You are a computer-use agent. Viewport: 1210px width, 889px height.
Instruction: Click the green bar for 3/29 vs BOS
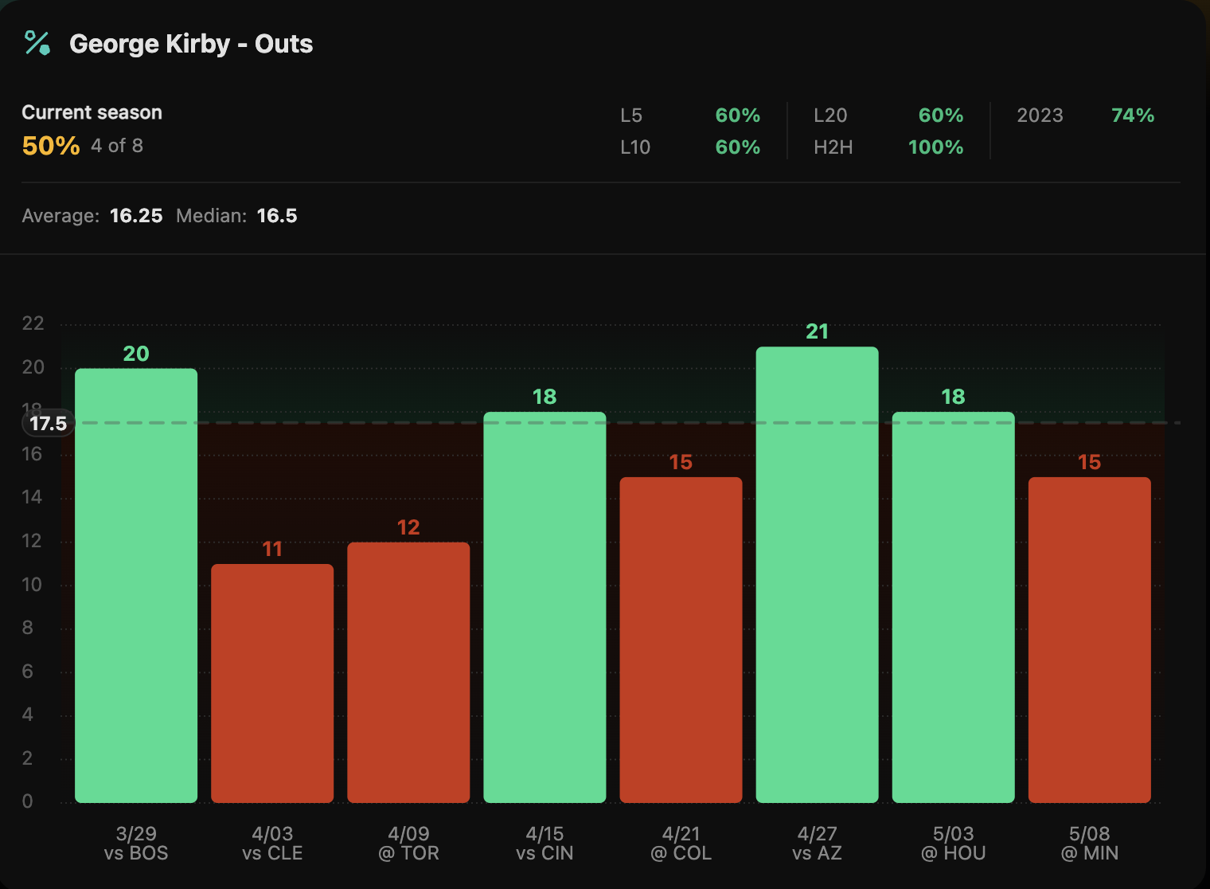tap(136, 585)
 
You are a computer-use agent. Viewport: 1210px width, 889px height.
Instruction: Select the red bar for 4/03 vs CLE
tap(272, 683)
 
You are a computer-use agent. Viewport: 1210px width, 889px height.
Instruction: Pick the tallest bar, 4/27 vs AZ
tap(817, 574)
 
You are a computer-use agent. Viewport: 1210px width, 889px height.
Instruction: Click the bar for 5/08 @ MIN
tap(1089, 640)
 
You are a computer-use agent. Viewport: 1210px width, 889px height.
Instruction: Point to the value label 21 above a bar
tap(817, 331)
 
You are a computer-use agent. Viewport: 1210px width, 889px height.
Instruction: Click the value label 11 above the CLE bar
tap(272, 549)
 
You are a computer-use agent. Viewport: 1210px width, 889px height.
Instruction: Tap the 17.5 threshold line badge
tap(49, 424)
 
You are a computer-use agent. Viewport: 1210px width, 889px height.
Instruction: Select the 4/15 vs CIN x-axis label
tap(544, 844)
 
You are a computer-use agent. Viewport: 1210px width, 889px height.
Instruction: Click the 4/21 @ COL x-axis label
tap(681, 844)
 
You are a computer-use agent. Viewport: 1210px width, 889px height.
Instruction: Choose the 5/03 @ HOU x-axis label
tap(953, 844)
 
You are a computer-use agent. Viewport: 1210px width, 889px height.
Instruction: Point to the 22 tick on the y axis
tap(33, 323)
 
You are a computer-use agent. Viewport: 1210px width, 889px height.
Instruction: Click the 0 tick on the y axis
tap(28, 801)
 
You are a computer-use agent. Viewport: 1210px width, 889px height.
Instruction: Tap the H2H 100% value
tap(935, 147)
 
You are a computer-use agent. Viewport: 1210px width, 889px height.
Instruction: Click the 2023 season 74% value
tap(1133, 116)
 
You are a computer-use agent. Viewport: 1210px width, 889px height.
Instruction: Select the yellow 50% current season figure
tap(51, 146)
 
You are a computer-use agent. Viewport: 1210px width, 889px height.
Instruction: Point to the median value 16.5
tap(277, 216)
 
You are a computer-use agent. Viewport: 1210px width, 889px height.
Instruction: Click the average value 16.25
tap(136, 216)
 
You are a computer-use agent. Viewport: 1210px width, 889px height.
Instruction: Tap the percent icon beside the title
tap(37, 43)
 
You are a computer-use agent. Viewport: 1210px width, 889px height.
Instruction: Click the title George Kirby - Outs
tap(191, 44)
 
